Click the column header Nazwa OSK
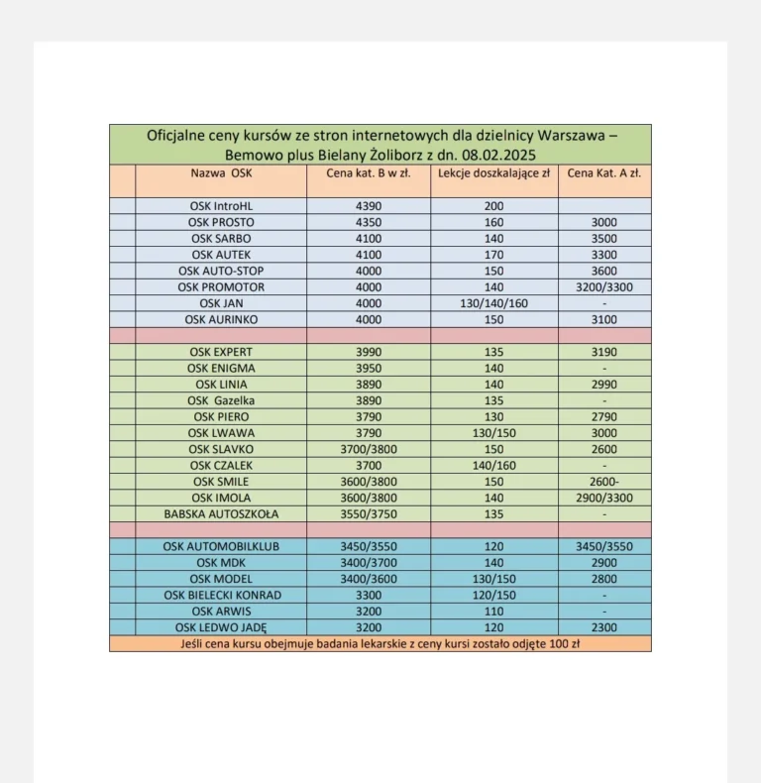pos(221,172)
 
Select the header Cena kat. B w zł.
pos(368,172)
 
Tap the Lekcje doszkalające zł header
pos(494,172)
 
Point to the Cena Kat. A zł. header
pos(603,172)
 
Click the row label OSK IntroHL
pos(221,206)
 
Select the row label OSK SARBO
pos(221,239)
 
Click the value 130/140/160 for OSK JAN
pos(494,303)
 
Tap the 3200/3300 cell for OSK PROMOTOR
pos(603,287)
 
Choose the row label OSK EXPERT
pos(221,352)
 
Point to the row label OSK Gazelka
pos(221,400)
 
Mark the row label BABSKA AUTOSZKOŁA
pos(221,514)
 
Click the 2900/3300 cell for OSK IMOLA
pos(603,498)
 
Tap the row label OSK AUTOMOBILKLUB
pos(221,546)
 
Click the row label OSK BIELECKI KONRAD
pos(221,595)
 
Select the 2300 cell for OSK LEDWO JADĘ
pos(603,627)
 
